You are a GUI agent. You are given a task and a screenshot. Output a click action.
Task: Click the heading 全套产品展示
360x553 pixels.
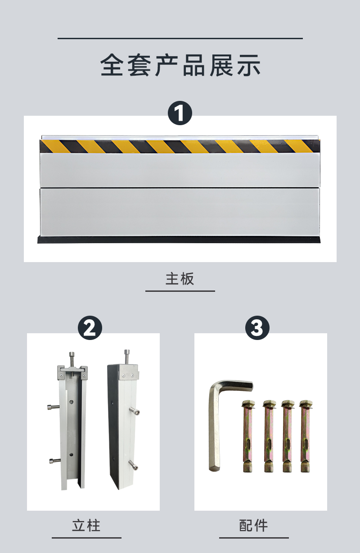click(x=180, y=65)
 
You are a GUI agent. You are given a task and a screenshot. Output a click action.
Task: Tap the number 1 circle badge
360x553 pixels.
click(x=180, y=113)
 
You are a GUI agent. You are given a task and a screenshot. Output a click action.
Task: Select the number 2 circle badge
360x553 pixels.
click(x=90, y=327)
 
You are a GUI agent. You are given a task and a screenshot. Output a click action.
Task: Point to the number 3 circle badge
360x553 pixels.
click(x=257, y=327)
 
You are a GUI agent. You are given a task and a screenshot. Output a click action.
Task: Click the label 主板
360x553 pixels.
click(x=180, y=279)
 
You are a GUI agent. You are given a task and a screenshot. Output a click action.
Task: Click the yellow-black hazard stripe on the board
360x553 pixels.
click(x=180, y=146)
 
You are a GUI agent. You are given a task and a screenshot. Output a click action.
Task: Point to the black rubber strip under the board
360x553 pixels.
click(x=179, y=240)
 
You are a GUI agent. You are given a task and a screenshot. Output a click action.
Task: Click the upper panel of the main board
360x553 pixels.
click(x=180, y=170)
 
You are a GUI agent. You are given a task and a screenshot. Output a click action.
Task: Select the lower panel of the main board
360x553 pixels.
click(x=180, y=212)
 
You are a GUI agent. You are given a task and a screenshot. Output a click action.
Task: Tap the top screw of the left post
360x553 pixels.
click(x=72, y=360)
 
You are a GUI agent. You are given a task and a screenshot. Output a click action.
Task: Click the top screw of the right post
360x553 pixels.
click(x=127, y=357)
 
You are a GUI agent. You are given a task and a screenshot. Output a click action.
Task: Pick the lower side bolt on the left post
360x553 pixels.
click(x=54, y=460)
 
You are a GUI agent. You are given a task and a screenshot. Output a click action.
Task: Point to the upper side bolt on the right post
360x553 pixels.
click(x=135, y=411)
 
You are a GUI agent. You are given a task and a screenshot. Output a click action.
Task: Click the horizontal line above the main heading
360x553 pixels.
click(x=180, y=39)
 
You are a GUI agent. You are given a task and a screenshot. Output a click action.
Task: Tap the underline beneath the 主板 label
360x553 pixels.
click(x=180, y=291)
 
